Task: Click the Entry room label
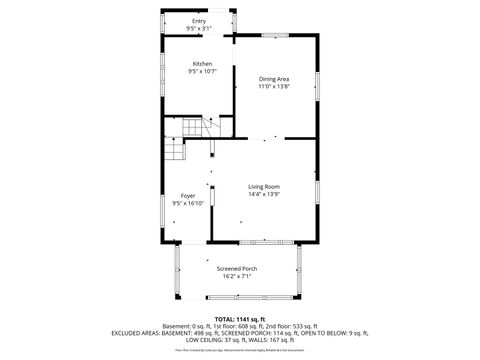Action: point(201,20)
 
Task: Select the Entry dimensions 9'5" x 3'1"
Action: point(201,28)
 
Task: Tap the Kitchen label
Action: point(202,64)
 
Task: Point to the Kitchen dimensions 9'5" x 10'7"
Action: point(202,72)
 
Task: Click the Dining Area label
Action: point(274,79)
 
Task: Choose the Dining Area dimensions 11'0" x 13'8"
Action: point(274,87)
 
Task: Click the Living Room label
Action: point(264,187)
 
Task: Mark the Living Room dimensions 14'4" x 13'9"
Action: point(264,195)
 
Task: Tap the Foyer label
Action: point(187,195)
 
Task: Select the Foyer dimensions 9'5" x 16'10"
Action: point(187,203)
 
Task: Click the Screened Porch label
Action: point(237,269)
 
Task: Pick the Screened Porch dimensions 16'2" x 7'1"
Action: point(237,277)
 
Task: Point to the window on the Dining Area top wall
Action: point(276,36)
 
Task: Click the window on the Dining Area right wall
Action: point(318,85)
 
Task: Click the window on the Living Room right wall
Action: point(318,190)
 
